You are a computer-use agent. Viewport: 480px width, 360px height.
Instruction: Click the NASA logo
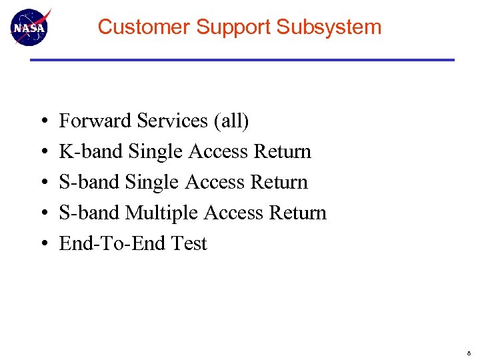pos(30,27)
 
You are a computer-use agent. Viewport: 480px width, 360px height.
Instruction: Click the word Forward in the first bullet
pos(95,121)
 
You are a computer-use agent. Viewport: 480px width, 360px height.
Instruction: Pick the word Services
pos(173,121)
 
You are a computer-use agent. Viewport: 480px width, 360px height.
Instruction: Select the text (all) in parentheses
pos(231,121)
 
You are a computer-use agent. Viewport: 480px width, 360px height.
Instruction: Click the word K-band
pos(91,151)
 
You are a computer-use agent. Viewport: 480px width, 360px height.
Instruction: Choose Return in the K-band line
pos(282,151)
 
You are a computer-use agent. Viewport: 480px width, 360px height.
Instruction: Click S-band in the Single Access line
pos(90,182)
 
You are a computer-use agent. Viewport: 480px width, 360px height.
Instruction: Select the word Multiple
pos(162,213)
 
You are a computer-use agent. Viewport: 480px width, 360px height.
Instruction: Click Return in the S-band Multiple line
pos(297,213)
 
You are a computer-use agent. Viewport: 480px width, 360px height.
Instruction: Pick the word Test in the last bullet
pos(189,243)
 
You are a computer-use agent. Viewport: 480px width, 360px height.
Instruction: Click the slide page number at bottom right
pos(469,351)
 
